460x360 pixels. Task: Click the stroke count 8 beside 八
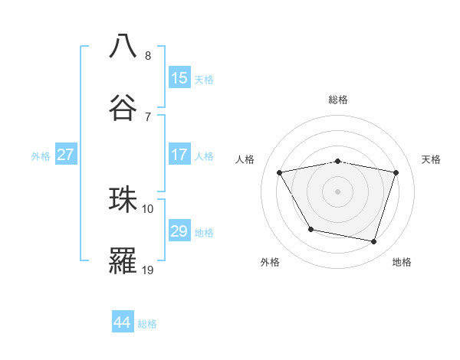tap(147, 56)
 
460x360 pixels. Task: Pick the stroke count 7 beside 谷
tap(147, 117)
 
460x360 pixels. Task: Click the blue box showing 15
tap(179, 78)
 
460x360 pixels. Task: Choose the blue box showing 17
tap(179, 155)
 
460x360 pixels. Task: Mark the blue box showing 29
tap(179, 231)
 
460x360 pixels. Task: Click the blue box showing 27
tap(66, 155)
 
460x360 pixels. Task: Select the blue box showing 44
tap(123, 322)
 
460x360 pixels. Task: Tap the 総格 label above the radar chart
tap(338, 100)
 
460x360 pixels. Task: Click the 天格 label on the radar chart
tap(431, 159)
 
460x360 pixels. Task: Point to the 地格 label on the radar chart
tap(402, 262)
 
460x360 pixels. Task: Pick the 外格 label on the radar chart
tap(270, 262)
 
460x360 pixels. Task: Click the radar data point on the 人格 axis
tap(280, 172)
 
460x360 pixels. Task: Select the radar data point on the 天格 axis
tap(396, 172)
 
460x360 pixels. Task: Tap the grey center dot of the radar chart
tap(338, 191)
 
